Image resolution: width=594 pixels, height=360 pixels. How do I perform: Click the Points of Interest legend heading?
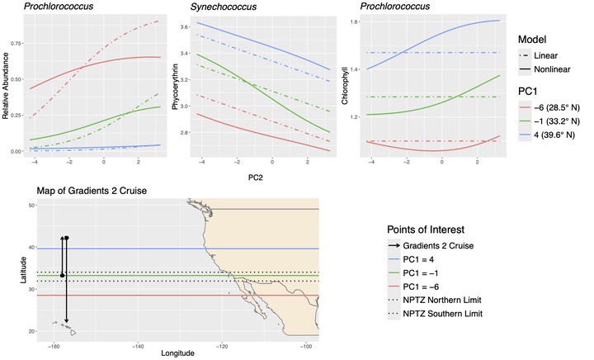coord(436,229)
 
